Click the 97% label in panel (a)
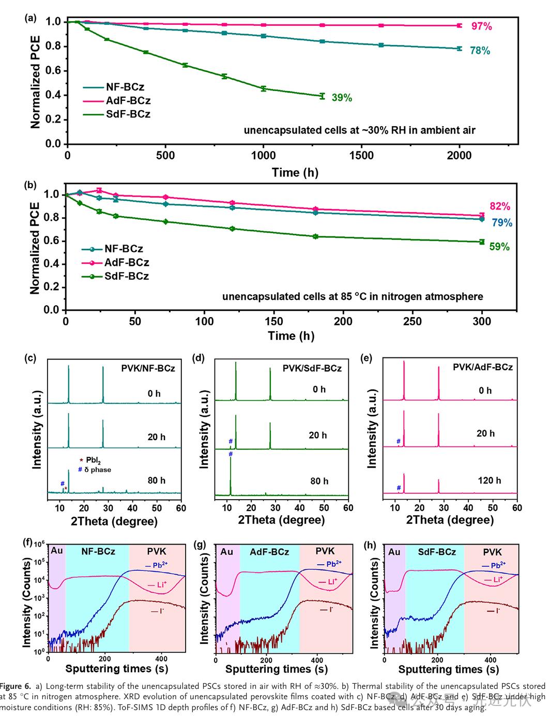(481, 26)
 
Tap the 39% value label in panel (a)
(341, 98)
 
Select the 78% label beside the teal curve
(480, 51)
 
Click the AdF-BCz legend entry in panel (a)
(128, 101)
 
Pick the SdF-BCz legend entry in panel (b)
(126, 276)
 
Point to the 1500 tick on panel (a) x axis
(361, 156)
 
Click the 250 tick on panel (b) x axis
(412, 321)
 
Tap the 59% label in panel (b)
(499, 247)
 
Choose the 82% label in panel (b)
(500, 206)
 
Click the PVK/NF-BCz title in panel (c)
(148, 368)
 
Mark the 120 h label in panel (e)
(489, 480)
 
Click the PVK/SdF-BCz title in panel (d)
(312, 368)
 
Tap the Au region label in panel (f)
(57, 551)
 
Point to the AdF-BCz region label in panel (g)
(269, 552)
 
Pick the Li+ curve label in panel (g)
(332, 582)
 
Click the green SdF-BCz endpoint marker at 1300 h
(323, 96)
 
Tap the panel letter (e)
(367, 358)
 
